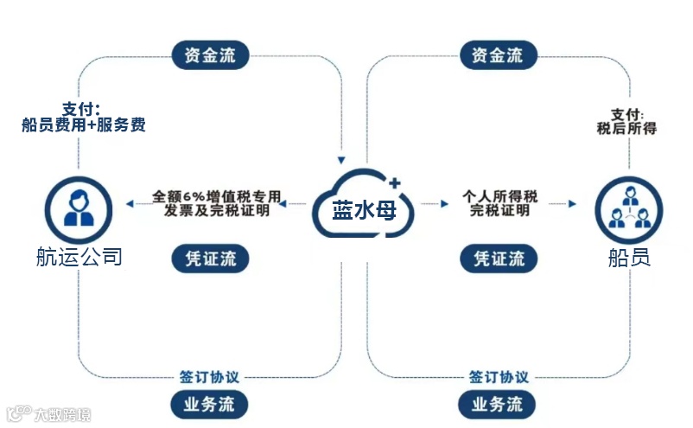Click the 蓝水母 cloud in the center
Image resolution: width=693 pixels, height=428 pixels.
[x=364, y=206]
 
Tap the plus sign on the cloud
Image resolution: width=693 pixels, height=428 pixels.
[x=395, y=182]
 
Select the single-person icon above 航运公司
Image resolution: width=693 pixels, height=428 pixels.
[x=79, y=206]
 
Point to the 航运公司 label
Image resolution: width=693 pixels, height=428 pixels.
[x=79, y=257]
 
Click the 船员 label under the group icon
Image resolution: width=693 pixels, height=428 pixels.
[x=629, y=258]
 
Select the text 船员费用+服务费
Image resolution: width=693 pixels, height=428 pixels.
[x=83, y=125]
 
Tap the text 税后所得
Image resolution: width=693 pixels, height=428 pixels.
[x=626, y=129]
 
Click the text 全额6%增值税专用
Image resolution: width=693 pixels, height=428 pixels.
[x=217, y=195]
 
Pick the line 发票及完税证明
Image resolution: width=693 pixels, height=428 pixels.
[x=217, y=210]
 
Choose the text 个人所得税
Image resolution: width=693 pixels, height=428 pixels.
[x=499, y=196]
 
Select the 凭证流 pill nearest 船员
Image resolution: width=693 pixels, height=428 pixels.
[x=499, y=258]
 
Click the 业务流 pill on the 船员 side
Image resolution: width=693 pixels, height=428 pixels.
[x=498, y=404]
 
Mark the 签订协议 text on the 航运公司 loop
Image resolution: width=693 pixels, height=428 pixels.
[x=210, y=377]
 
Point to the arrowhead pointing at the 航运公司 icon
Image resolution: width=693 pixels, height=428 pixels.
[x=130, y=204]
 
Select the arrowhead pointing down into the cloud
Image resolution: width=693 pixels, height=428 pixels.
[x=343, y=160]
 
